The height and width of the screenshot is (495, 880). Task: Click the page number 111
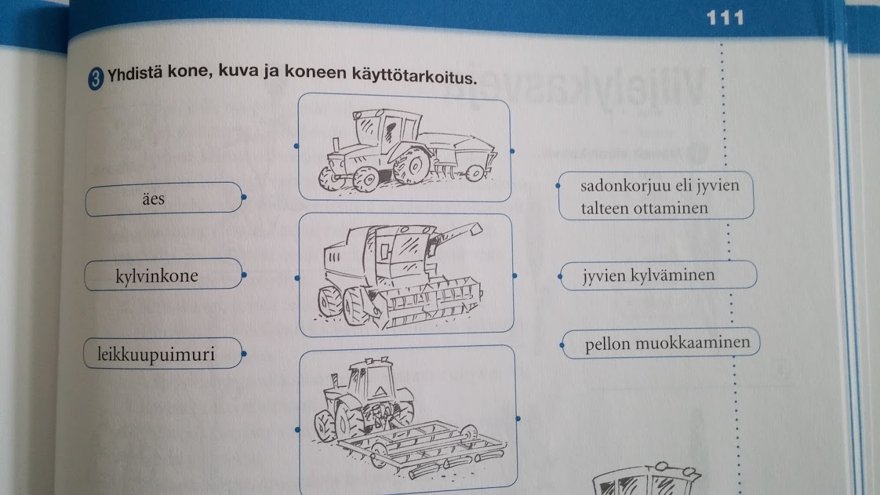725,17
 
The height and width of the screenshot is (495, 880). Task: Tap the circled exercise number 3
95,78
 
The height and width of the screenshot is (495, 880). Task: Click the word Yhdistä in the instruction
134,73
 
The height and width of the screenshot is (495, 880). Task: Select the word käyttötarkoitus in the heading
414,75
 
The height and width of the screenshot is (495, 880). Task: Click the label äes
154,199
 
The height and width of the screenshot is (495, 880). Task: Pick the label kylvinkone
157,276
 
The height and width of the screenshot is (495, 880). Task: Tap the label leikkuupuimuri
156,354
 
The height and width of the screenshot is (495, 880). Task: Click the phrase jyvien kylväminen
648,275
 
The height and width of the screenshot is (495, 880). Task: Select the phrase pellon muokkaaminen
667,343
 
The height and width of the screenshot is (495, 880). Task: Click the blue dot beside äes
244,197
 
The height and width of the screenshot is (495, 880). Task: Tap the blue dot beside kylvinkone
244,275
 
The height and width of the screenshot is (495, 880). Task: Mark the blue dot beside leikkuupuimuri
244,354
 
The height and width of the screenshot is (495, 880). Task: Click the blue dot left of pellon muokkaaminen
562,345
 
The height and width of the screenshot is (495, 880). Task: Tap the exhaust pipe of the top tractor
336,144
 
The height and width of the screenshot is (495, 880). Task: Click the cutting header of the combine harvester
426,303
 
